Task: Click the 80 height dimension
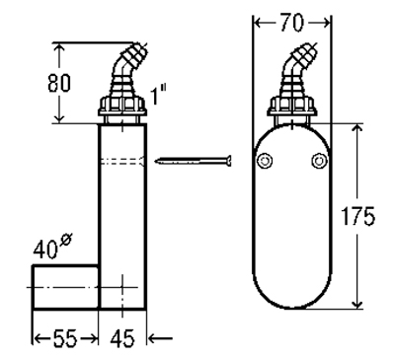[59, 83]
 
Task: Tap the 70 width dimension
[292, 23]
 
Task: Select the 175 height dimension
[357, 216]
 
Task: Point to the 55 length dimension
[65, 338]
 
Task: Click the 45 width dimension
[122, 338]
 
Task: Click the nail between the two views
[194, 161]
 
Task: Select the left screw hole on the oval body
[265, 161]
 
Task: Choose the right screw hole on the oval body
[319, 161]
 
